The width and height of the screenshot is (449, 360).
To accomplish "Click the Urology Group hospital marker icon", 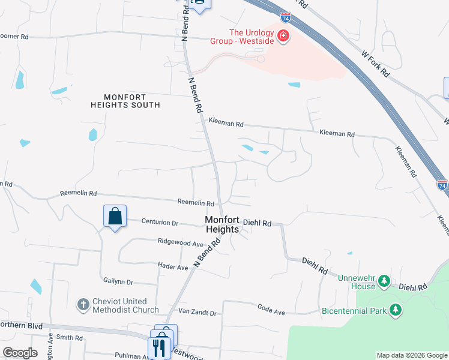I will tap(283, 37).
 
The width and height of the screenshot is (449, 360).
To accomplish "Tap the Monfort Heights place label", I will tap(222, 224).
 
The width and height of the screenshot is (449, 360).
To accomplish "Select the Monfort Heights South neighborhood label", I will tap(125, 101).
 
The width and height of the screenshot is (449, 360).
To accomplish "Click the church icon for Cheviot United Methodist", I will tap(83, 305).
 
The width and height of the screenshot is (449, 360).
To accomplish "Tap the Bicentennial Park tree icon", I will tap(395, 310).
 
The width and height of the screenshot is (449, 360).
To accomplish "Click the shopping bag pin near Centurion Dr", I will tap(115, 215).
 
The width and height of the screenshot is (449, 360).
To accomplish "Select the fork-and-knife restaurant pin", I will tap(159, 347).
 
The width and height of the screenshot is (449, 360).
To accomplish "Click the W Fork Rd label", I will tap(376, 63).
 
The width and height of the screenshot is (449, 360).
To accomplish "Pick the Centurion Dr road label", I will tap(160, 223).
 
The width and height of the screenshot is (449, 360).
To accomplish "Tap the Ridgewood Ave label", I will tap(180, 244).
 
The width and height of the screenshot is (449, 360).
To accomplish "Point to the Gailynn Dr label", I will tap(118, 281).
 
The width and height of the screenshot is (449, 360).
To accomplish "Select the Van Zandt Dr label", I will tap(197, 313).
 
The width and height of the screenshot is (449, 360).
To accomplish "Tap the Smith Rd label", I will tap(70, 338).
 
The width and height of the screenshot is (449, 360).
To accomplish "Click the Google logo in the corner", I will tap(20, 353).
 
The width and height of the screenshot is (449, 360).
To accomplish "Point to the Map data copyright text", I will tap(412, 355).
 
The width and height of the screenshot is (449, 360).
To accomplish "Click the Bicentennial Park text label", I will tap(354, 311).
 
